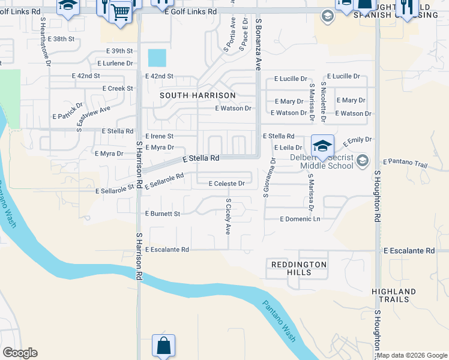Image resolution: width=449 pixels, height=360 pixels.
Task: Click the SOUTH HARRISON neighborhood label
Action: click(197, 95)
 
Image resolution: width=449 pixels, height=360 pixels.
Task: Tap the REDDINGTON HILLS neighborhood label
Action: click(298, 268)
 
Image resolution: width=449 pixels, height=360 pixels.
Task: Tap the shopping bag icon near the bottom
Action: click(163, 346)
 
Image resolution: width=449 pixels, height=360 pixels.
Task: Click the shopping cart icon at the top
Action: click(121, 11)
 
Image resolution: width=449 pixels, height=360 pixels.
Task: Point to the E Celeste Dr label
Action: click(226, 184)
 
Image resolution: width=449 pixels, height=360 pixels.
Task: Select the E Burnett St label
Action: click(162, 214)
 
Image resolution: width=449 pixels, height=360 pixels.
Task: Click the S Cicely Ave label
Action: click(228, 216)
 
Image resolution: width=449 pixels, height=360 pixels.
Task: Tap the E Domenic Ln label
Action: click(300, 219)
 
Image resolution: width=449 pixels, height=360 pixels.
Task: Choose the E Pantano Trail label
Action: click(405, 162)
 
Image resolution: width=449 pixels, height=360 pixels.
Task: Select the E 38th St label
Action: click(63, 39)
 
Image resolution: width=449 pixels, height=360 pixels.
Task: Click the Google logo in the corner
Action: click(20, 352)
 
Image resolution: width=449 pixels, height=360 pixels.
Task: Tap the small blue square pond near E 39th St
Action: click(157, 58)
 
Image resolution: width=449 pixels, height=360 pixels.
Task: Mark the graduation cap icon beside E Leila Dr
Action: click(322, 145)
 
